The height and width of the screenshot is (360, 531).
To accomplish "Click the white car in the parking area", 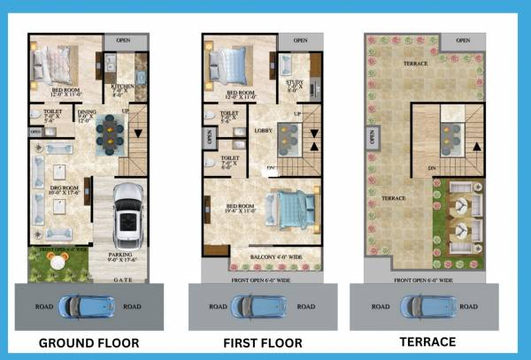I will coord(129,216).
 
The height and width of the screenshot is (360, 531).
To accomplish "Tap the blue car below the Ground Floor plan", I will coord(82,306).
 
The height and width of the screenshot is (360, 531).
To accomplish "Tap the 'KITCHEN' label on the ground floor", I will coord(121,87).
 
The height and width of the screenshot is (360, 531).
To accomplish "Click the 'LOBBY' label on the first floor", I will coord(262,131).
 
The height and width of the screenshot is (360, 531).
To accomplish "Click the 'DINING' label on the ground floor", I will coord(86,112).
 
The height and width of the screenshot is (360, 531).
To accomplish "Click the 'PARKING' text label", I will coord(119,254).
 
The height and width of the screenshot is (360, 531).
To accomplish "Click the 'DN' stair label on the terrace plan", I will coord(430,166).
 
